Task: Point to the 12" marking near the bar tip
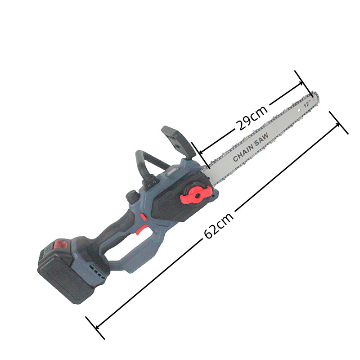(x=307, y=103)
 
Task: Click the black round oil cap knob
(x=132, y=196)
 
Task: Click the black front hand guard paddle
(x=176, y=139)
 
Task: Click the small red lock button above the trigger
(x=143, y=217)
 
